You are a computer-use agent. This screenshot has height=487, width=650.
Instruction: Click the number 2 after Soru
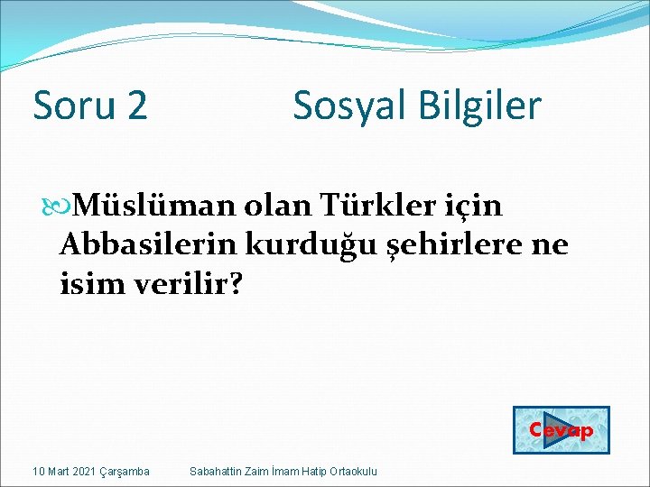tap(136, 106)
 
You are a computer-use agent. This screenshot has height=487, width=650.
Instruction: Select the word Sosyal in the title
tap(346, 106)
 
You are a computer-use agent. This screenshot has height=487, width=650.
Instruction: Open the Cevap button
tap(562, 430)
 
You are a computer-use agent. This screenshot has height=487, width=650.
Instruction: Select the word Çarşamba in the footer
tap(125, 472)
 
